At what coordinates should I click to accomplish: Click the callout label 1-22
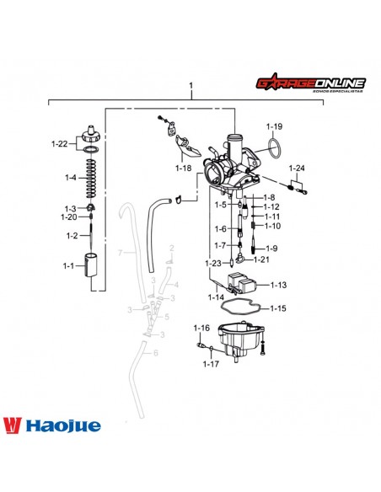[x=59, y=144]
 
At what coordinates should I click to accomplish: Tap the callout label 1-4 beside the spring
[x=70, y=178]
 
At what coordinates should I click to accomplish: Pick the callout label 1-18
[x=184, y=168]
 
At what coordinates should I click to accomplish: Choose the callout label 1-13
[x=278, y=285]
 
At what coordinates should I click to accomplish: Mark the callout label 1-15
[x=278, y=308]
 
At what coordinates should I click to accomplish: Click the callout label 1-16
[x=201, y=327]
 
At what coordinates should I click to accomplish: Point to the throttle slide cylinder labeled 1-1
[x=94, y=268]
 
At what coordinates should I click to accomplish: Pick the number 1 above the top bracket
[x=191, y=86]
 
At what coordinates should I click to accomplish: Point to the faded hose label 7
[x=121, y=252]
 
